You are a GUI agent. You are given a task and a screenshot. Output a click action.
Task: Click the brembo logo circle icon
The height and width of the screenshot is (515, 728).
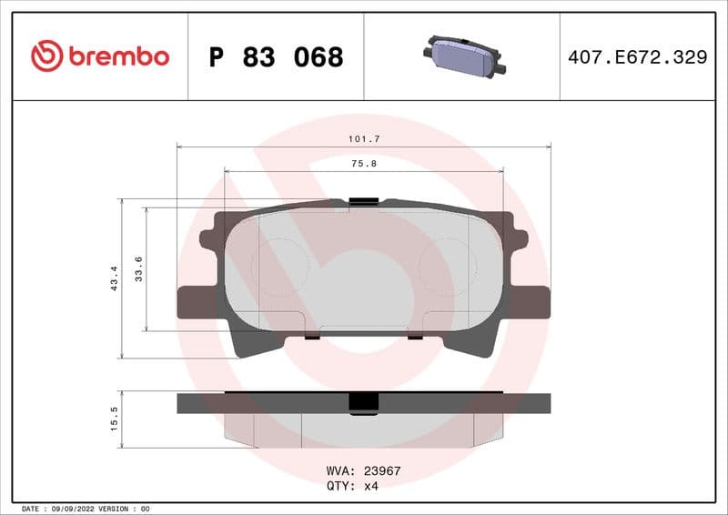pyautogui.click(x=46, y=56)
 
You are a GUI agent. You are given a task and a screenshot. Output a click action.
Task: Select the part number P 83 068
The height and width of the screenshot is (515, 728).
pyautogui.click(x=276, y=57)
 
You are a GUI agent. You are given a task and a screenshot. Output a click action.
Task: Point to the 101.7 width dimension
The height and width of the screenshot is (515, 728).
pyautogui.click(x=364, y=138)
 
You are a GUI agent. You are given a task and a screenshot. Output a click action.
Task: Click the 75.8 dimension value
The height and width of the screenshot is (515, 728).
pyautogui.click(x=364, y=163)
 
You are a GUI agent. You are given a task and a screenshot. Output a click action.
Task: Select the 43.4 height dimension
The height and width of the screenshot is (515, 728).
pyautogui.click(x=114, y=278)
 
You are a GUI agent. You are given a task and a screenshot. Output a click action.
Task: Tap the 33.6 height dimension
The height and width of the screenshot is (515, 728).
pyautogui.click(x=138, y=268)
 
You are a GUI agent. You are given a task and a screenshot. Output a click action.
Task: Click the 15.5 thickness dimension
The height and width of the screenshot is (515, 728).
pyautogui.click(x=114, y=419)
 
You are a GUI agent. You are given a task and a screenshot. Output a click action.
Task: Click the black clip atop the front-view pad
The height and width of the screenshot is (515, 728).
pyautogui.click(x=364, y=201)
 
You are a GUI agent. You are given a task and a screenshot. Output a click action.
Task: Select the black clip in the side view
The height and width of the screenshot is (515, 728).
pyautogui.click(x=364, y=403)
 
